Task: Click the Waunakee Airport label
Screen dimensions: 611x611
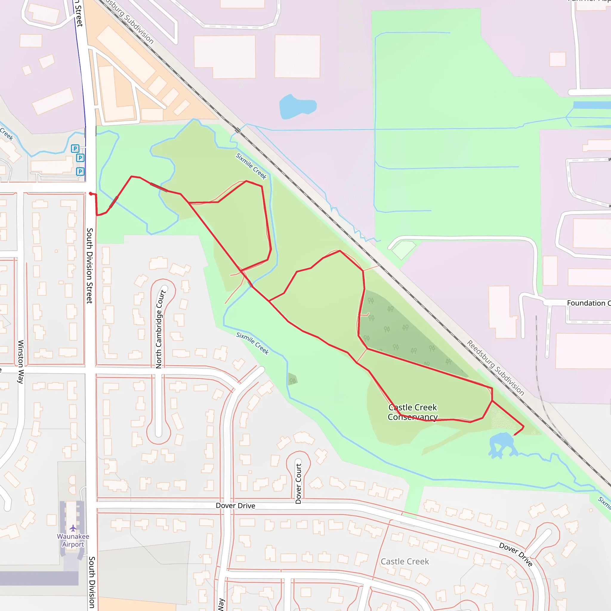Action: pyautogui.click(x=73, y=540)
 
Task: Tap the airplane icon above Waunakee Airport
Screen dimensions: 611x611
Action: pyautogui.click(x=73, y=528)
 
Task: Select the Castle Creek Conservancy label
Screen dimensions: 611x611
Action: pyautogui.click(x=413, y=412)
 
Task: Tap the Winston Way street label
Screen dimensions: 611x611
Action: pyautogui.click(x=21, y=362)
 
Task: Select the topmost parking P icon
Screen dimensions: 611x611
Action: pyautogui.click(x=75, y=148)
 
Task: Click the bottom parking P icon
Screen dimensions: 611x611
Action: pyautogui.click(x=80, y=172)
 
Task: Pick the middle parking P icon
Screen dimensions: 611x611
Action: pyautogui.click(x=80, y=158)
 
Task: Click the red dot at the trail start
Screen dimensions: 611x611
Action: pyautogui.click(x=91, y=194)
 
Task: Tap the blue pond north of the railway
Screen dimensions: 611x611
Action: pyautogui.click(x=297, y=107)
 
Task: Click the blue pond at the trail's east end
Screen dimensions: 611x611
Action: pyautogui.click(x=502, y=444)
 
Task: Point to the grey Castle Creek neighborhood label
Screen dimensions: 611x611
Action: pyautogui.click(x=405, y=561)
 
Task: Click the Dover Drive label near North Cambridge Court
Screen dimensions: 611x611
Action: pyautogui.click(x=235, y=505)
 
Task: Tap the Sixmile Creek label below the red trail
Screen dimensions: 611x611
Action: pyautogui.click(x=252, y=343)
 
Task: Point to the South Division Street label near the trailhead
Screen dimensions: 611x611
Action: pyautogui.click(x=90, y=266)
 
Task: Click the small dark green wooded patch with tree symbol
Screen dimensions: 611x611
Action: pyautogui.click(x=293, y=380)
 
